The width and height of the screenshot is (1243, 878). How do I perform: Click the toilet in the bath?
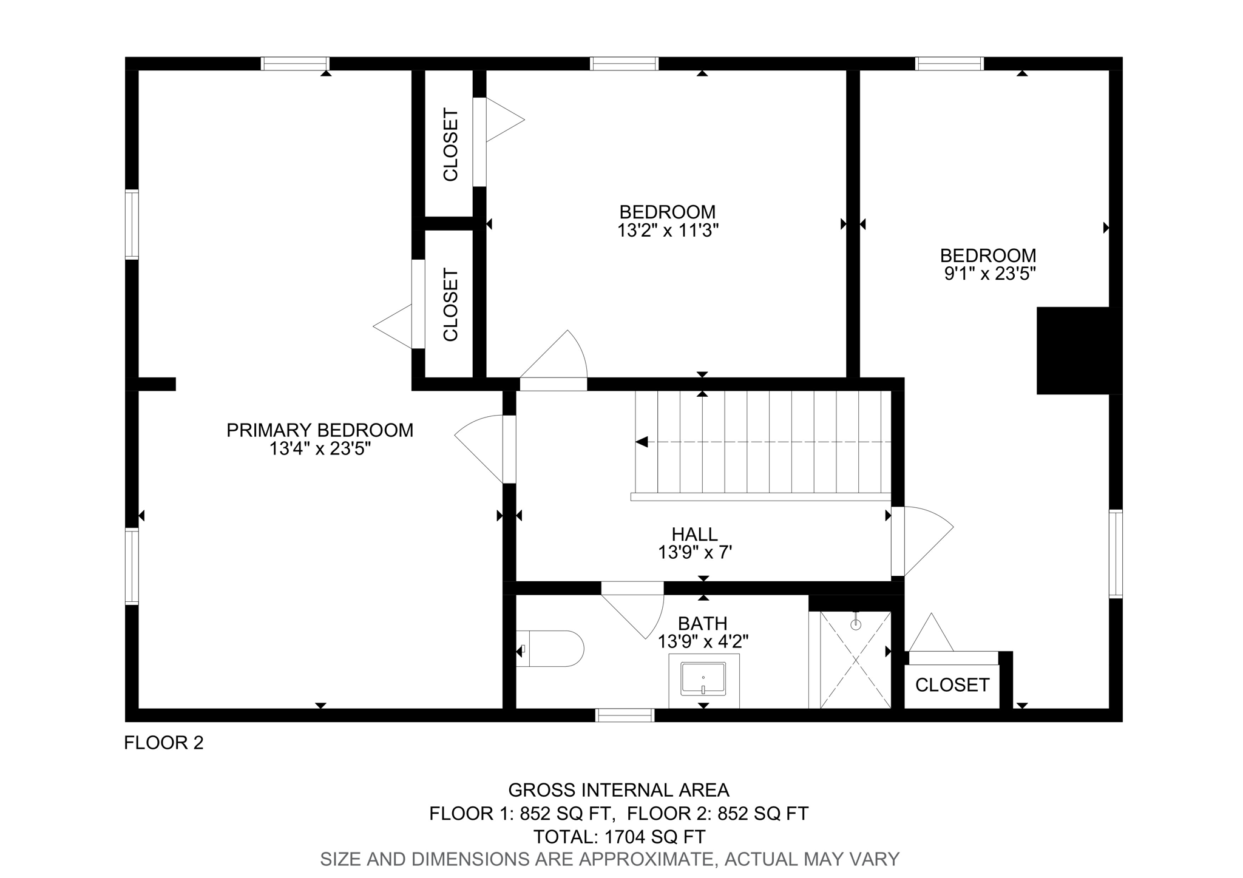pyautogui.click(x=549, y=649)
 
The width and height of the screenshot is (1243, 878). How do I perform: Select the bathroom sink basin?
pyautogui.click(x=703, y=679)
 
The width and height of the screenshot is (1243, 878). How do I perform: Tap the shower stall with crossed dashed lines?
pyautogui.click(x=855, y=660)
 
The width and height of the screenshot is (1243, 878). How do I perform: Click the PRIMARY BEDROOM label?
pyautogui.click(x=320, y=430)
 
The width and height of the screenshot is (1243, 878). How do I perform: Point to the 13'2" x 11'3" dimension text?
pyautogui.click(x=668, y=231)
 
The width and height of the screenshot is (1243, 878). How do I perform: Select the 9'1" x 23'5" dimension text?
pyautogui.click(x=989, y=274)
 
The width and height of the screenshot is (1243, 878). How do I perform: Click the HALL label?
pyautogui.click(x=695, y=534)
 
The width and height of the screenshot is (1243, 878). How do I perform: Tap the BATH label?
pyautogui.click(x=703, y=623)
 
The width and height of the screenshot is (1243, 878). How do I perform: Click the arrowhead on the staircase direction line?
pyautogui.click(x=642, y=442)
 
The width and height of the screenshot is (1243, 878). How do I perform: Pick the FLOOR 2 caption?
pyautogui.click(x=164, y=743)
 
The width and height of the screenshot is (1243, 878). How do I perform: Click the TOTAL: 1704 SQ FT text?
pyautogui.click(x=619, y=837)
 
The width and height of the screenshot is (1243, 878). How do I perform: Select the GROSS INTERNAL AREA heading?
pyautogui.click(x=618, y=790)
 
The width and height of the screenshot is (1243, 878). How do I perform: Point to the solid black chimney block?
pyautogui.click(x=1079, y=351)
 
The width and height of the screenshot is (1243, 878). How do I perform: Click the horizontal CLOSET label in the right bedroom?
pyautogui.click(x=952, y=685)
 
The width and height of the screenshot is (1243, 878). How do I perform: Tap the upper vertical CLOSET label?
pyautogui.click(x=450, y=144)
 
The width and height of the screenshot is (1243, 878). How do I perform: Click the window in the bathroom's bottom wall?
pyautogui.click(x=625, y=715)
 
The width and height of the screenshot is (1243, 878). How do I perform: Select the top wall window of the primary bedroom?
pyautogui.click(x=295, y=64)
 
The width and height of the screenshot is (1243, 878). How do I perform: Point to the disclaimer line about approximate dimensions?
pyautogui.click(x=609, y=859)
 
